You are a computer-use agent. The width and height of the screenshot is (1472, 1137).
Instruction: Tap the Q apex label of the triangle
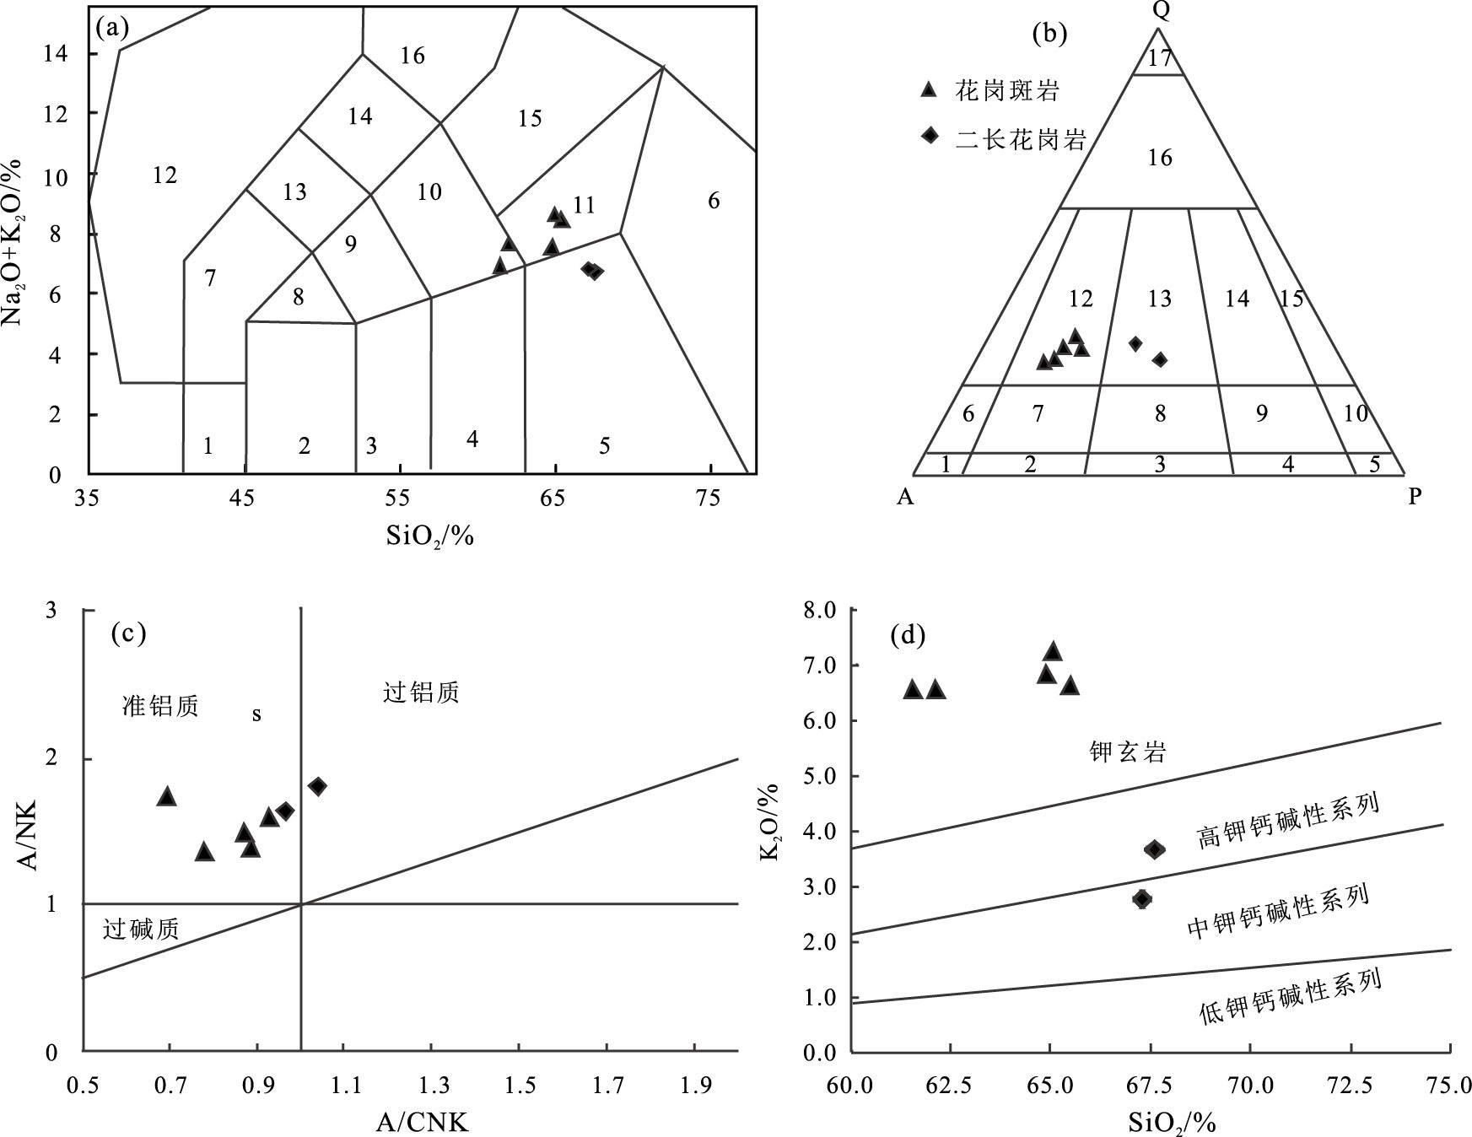click(x=1157, y=11)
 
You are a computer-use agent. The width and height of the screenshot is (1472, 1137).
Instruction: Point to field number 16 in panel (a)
click(x=412, y=57)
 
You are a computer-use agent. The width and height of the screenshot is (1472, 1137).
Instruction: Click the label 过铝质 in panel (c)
click(x=421, y=693)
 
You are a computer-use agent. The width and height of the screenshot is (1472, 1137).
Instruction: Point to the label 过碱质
click(x=140, y=930)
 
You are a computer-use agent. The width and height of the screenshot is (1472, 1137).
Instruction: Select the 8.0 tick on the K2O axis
click(x=821, y=611)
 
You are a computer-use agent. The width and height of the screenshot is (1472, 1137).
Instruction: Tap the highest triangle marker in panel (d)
click(x=1052, y=651)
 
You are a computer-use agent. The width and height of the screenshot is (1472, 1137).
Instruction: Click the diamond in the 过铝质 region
click(x=317, y=786)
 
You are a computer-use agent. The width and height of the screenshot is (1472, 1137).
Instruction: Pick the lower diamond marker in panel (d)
click(x=1141, y=899)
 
